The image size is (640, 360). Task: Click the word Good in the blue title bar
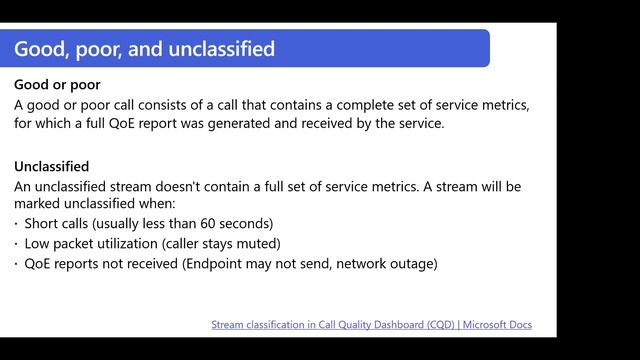point(39,48)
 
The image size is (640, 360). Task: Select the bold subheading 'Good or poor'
point(57,84)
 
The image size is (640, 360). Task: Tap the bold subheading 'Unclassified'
point(52,166)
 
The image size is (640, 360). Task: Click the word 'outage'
point(410,263)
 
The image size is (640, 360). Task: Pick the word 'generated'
point(300,124)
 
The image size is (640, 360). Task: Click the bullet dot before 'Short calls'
point(17,223)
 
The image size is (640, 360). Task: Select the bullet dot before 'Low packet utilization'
point(17,243)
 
